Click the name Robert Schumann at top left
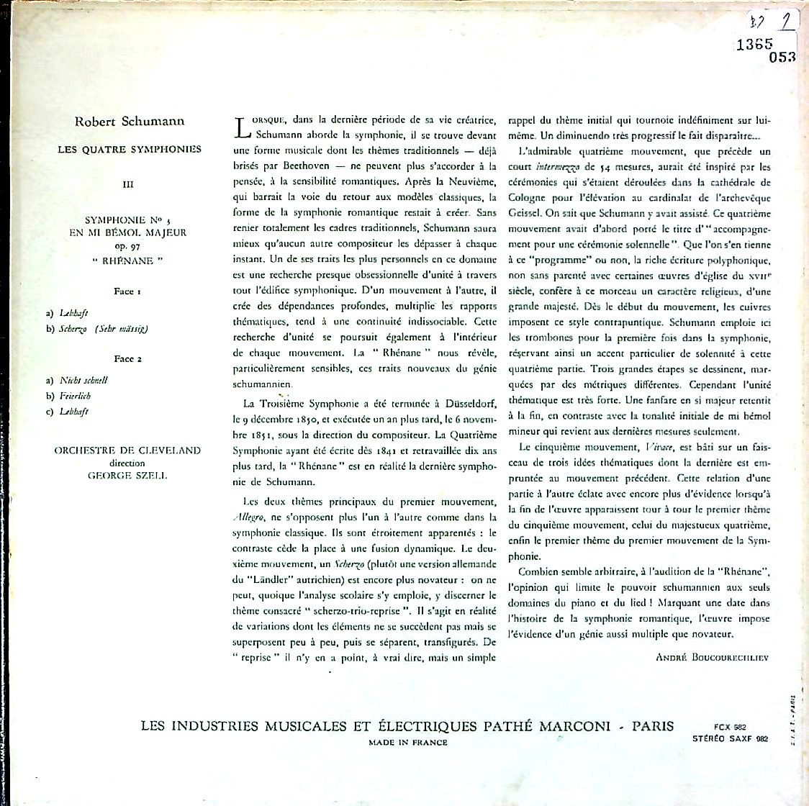tap(130, 122)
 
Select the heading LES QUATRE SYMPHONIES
tap(130, 150)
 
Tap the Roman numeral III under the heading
tap(129, 184)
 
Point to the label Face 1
tap(127, 291)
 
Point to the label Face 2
tap(127, 359)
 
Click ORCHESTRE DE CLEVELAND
tap(127, 450)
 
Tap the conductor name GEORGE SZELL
tap(127, 476)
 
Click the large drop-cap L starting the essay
tap(242, 127)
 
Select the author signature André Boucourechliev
tap(712, 657)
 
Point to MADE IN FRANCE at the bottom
tap(407, 743)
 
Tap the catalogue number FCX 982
tap(720, 728)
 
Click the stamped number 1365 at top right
tap(754, 43)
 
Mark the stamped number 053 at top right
tap(781, 58)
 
